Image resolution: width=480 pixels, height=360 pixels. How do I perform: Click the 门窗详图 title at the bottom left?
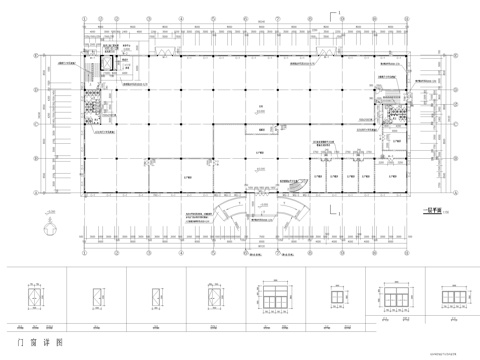click(x=34, y=341)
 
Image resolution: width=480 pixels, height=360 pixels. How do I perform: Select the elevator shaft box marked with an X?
click(x=100, y=61)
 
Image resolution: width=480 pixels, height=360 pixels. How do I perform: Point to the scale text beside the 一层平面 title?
click(x=446, y=212)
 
